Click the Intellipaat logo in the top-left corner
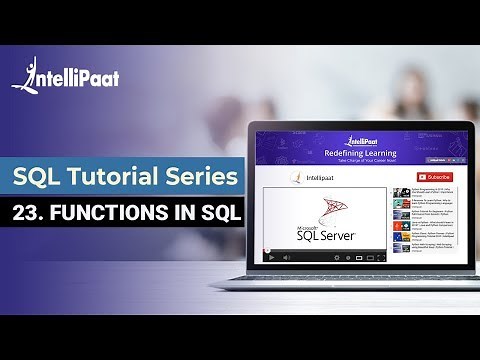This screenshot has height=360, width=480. point(66,77)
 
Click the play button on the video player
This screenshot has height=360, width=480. point(271,256)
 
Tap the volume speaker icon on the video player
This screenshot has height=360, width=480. point(290,256)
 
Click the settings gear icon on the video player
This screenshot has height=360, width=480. point(371,256)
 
